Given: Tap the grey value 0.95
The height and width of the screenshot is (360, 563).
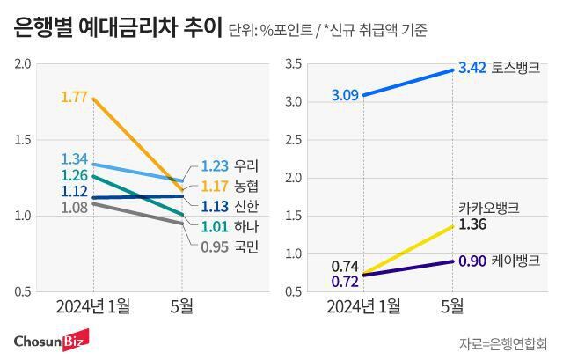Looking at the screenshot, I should [x=216, y=246].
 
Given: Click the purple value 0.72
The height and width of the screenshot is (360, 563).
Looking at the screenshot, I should [x=345, y=282].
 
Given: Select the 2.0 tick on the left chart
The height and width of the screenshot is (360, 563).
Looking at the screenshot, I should [x=22, y=64].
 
